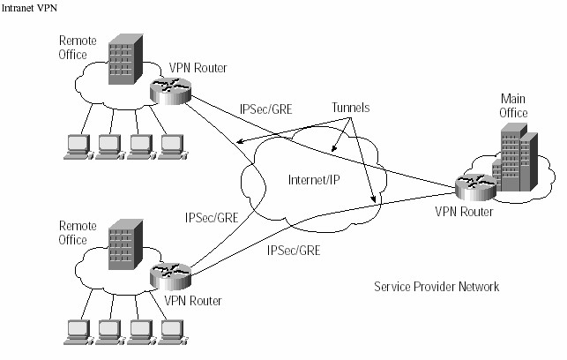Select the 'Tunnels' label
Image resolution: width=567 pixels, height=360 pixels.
349,107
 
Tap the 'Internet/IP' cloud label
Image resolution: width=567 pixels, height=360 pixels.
314,181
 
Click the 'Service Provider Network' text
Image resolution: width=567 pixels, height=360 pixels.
436,287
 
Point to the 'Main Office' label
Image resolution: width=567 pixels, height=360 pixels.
514,106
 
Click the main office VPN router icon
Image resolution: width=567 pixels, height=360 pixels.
470,186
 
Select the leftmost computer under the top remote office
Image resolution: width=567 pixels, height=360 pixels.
76,146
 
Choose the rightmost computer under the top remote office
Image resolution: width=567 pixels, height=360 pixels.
172,146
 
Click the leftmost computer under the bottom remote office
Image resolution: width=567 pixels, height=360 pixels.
76,332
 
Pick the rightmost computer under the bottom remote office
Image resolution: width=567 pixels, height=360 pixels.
172,332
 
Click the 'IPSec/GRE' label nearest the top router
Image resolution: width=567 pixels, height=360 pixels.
265,110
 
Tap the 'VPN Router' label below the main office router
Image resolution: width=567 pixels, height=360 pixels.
464,212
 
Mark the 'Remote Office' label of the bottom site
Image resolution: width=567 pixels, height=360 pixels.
73,233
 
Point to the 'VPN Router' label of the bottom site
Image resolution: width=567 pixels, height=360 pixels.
193,301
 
